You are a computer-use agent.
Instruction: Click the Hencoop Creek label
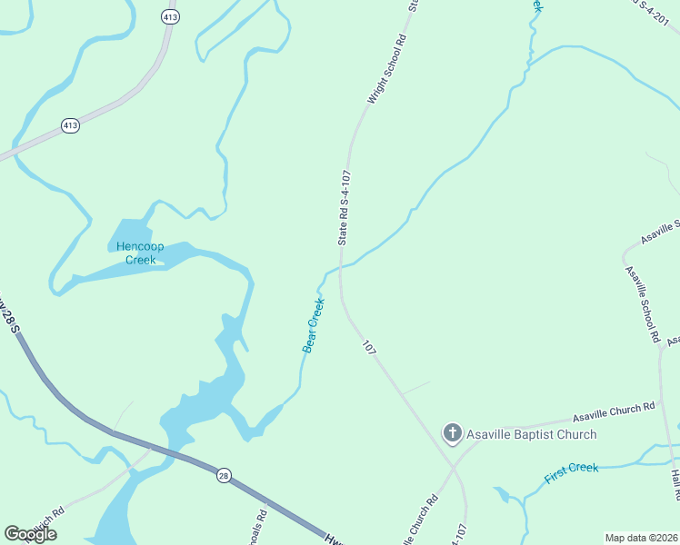141,253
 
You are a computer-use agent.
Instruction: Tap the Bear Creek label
313,325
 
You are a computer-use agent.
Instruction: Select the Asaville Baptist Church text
531,434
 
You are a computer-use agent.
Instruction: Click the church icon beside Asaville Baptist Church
452,433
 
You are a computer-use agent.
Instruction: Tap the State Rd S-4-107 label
344,207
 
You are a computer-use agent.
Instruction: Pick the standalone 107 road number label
369,348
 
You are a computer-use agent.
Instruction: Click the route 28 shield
223,474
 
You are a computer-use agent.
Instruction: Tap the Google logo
30,533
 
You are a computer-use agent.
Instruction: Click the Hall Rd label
675,485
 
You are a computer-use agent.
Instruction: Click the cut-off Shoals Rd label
262,526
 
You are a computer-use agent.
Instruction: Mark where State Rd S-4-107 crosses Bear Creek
340,267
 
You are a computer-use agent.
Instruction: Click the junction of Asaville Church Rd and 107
452,467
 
